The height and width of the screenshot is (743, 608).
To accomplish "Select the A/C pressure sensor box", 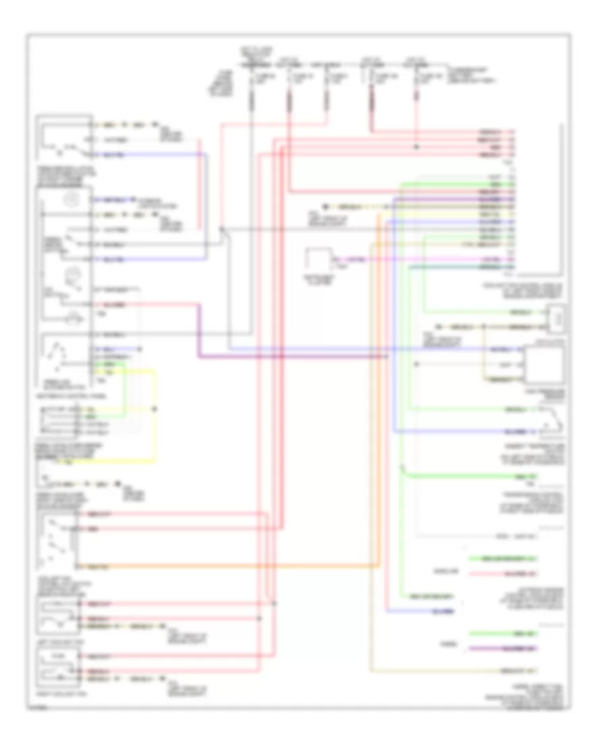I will coord(545,365).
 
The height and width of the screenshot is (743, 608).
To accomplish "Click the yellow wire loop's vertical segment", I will coord(156,415).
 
